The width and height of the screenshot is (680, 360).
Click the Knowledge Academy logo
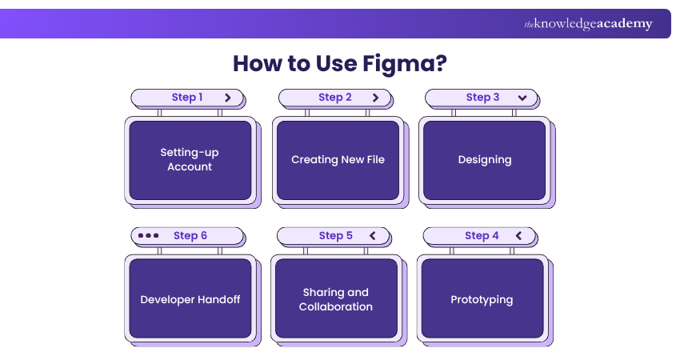pos(588,24)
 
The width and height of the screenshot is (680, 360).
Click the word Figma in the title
pos(401,63)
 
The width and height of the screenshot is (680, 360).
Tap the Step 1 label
pos(187,98)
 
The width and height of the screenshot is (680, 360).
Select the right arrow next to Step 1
pos(228,98)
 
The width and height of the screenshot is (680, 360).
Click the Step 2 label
pos(335,98)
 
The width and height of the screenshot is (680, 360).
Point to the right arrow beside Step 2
pos(375,98)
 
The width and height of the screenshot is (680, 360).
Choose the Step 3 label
pos(482,98)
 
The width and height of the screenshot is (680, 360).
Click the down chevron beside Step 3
pos(522,98)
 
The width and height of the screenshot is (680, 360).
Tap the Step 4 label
pos(482,236)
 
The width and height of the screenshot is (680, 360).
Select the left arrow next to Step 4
pos(518,236)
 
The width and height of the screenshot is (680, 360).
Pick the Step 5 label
pos(335,236)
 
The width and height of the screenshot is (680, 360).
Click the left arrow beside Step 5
pos(372,236)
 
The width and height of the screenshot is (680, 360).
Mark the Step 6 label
pos(190,236)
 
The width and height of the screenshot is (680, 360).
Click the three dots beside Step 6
pos(149,236)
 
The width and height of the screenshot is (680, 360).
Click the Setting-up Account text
pos(190,159)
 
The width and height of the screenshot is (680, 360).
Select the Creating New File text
pos(338,159)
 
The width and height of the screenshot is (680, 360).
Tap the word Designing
pos(485,159)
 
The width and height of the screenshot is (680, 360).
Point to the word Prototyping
pos(482,300)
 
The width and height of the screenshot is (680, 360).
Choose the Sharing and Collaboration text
pos(336,300)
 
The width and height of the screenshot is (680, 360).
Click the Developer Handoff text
pos(190,300)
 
